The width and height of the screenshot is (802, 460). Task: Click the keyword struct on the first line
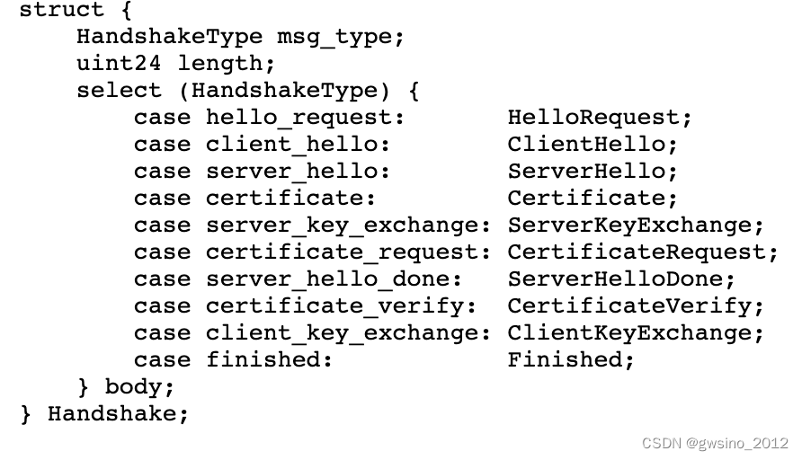(61, 11)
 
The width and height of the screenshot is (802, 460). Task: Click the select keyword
(119, 91)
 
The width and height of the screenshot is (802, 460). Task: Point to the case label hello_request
(305, 118)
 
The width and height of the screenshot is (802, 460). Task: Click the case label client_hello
(298, 145)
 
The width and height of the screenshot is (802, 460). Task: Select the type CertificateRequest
(642, 252)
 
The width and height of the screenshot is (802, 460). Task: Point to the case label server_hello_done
(334, 279)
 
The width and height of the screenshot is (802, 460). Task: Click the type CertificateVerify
(635, 306)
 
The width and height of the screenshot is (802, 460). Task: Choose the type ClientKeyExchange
(635, 333)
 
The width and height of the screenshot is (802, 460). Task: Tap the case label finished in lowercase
(269, 360)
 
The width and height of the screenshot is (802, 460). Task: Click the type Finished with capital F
(570, 360)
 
